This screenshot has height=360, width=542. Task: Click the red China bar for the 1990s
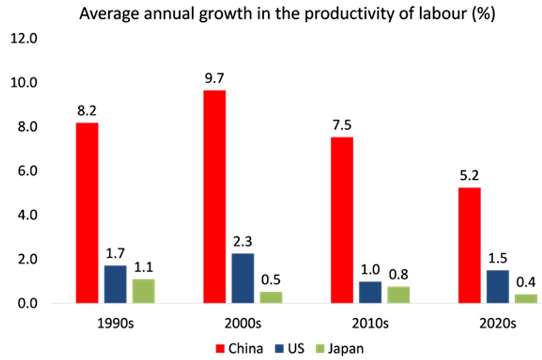87,213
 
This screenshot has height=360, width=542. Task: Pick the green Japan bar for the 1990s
144,291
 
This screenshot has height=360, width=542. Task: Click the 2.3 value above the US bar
242,242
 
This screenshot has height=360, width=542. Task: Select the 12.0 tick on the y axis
25,39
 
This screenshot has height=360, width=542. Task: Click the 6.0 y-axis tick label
25,171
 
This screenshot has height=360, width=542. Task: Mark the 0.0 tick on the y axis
25,304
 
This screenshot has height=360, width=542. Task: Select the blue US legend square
280,347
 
